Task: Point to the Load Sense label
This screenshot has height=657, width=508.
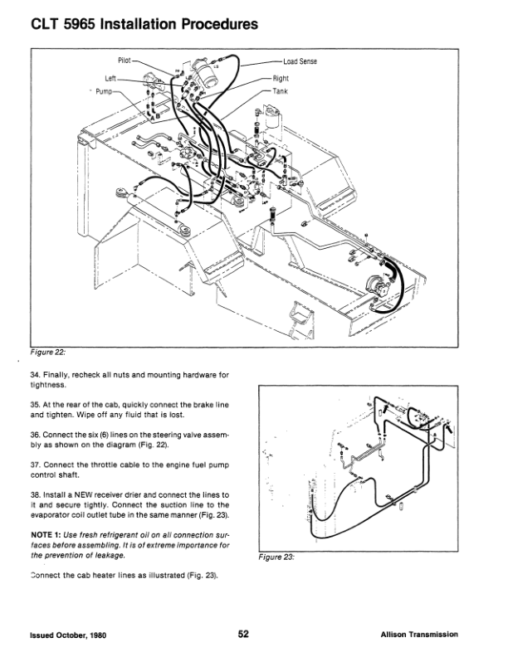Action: (x=302, y=62)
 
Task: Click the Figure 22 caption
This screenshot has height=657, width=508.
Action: (x=49, y=350)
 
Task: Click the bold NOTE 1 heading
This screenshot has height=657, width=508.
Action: (x=46, y=534)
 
